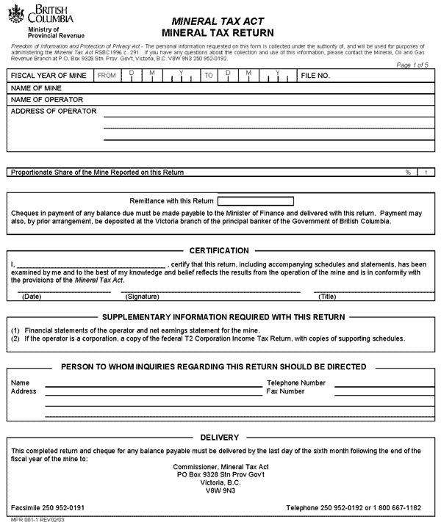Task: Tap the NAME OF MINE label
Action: pyautogui.click(x=36, y=87)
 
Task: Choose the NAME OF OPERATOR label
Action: pyautogui.click(x=46, y=99)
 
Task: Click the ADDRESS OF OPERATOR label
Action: pyautogui.click(x=54, y=112)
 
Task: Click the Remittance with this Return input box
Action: pyautogui.click(x=255, y=200)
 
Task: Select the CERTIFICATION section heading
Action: pyautogui.click(x=219, y=250)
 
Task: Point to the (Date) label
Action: pyautogui.click(x=32, y=297)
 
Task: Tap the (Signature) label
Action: pyautogui.click(x=143, y=297)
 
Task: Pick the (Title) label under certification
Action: pyautogui.click(x=327, y=297)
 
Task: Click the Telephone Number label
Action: pyautogui.click(x=296, y=383)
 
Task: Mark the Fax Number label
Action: pyautogui.click(x=285, y=391)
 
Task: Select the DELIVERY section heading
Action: pyautogui.click(x=219, y=438)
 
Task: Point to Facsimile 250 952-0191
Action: pyautogui.click(x=48, y=507)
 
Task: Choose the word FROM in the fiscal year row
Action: pyautogui.click(x=107, y=76)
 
